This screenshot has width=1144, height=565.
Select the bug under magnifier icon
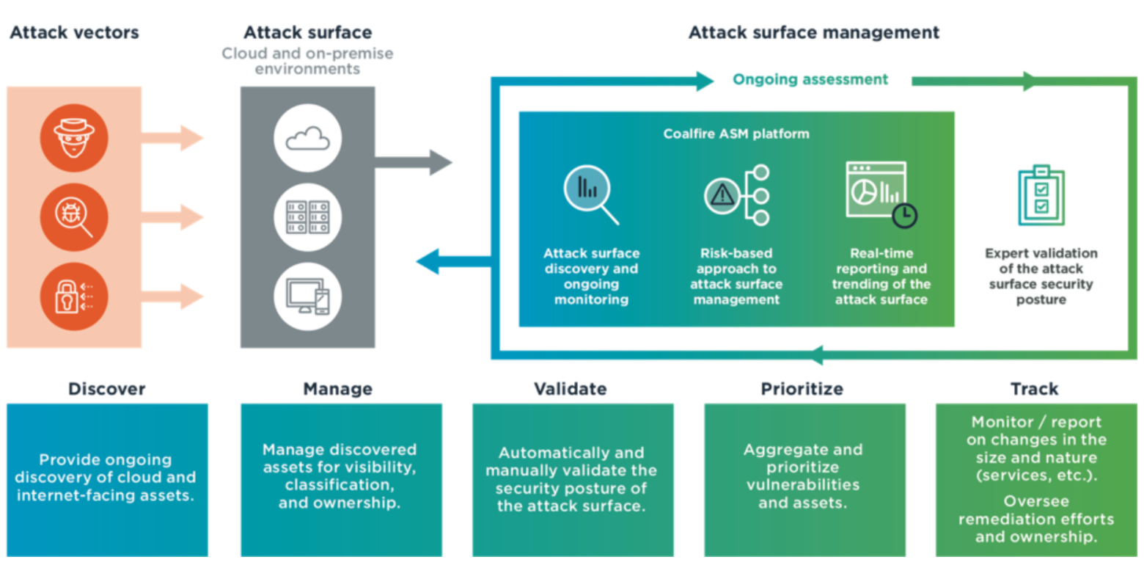click(74, 217)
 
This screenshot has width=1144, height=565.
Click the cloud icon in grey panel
click(307, 137)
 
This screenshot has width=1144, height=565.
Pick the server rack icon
click(307, 217)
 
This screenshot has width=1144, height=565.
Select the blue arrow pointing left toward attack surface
click(451, 260)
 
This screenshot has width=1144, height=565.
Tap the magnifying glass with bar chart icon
click(590, 194)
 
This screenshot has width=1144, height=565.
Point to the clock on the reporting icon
click(904, 214)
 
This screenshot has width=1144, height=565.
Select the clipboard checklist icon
click(1041, 197)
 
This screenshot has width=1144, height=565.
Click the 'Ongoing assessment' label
click(810, 79)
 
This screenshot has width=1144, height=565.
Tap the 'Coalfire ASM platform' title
click(736, 134)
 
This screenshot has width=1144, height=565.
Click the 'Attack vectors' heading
click(74, 33)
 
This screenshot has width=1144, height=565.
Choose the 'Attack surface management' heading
click(813, 33)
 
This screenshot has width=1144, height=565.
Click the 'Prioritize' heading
click(802, 388)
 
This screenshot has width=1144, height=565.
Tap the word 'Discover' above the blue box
click(107, 388)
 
